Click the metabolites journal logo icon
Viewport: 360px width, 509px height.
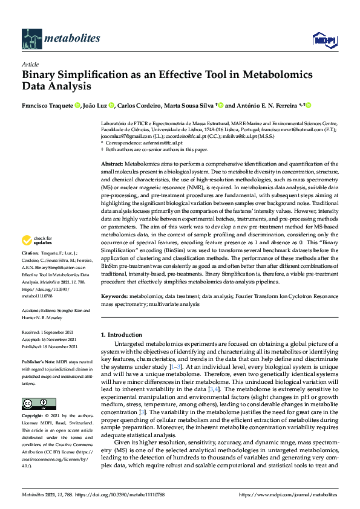[31, 39]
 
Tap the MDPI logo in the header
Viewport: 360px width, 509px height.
[323, 40]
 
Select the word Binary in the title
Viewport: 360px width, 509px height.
[42, 75]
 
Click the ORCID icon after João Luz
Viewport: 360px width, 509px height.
[112, 105]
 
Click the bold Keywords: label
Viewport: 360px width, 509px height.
[115, 297]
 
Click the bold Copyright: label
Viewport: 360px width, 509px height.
[33, 416]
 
